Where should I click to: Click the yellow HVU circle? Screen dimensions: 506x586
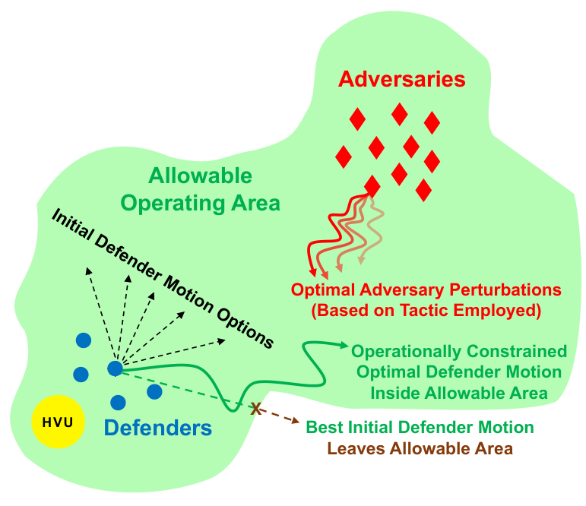coord(58,422)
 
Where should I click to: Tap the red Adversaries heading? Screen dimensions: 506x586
coord(402,79)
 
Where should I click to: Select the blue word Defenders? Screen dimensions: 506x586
coord(157,429)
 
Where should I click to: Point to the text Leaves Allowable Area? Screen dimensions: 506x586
coord(420,448)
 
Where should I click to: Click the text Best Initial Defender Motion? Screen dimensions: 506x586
coord(420,427)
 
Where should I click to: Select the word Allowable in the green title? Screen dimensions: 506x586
coord(200,177)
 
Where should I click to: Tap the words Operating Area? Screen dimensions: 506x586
coord(201,203)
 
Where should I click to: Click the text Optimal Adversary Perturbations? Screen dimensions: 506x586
coord(426,290)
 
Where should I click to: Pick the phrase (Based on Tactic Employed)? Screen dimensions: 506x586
coord(426,310)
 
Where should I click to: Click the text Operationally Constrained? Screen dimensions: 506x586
coord(459,352)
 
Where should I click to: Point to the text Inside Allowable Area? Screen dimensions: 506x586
coord(459,393)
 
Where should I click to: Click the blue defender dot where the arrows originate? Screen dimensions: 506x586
coord(115,368)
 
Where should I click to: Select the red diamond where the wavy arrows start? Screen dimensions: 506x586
coord(372,185)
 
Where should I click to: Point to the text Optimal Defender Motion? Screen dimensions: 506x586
coord(459,372)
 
